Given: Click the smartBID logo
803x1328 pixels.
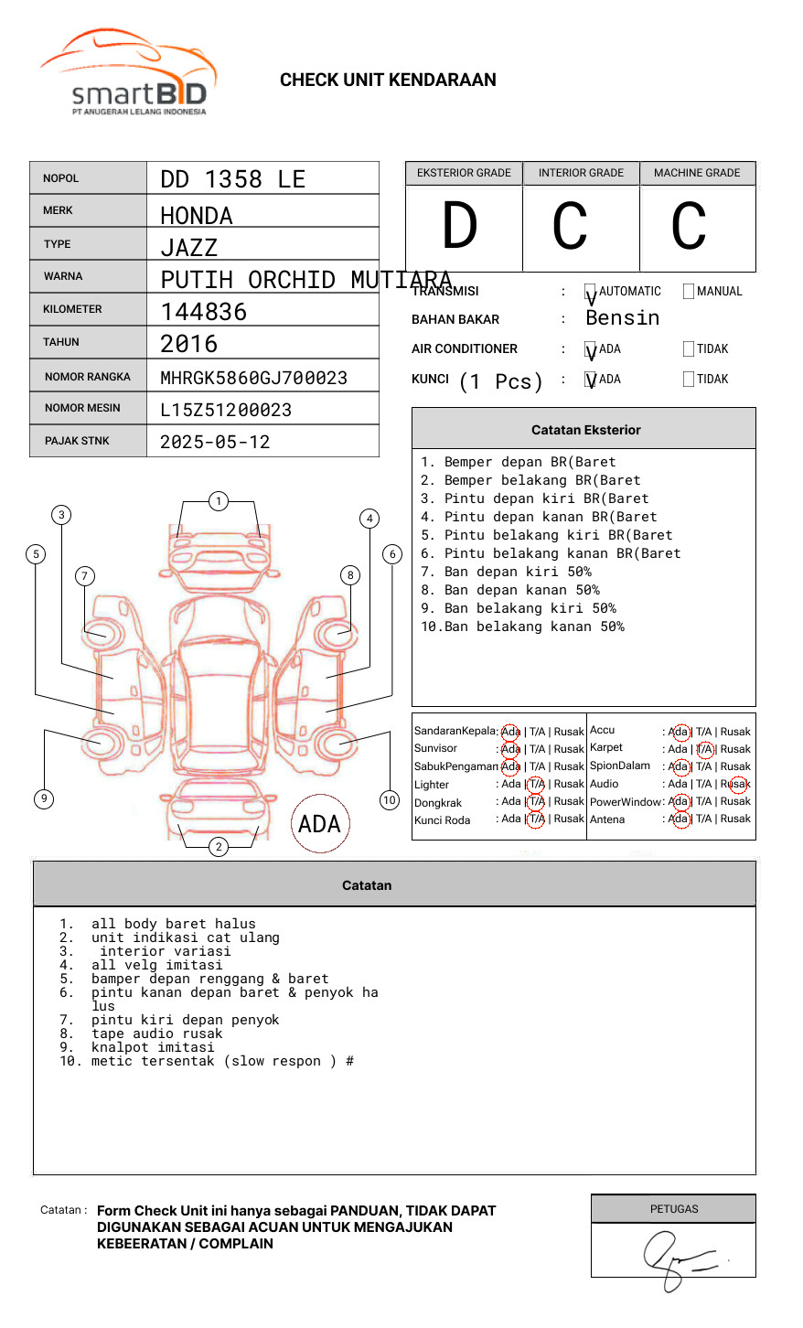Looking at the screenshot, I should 128,73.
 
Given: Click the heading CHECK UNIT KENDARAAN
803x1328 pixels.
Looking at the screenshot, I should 388,80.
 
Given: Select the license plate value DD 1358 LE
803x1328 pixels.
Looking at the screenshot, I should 232,179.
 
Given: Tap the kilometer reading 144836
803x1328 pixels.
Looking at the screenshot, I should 204,312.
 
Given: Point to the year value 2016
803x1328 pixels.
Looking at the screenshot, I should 189,344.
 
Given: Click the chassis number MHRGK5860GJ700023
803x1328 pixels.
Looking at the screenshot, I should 253,378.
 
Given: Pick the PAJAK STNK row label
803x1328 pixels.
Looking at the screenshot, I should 76,441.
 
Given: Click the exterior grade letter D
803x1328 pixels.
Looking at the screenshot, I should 460,226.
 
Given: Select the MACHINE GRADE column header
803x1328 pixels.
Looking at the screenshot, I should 697,173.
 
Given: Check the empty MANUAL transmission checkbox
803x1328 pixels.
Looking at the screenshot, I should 689,292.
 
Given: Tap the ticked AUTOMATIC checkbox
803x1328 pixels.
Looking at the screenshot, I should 591,293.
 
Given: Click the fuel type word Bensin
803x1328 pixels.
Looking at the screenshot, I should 622,318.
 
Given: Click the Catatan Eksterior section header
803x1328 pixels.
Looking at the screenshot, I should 585,430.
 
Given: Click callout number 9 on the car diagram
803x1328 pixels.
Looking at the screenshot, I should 44,798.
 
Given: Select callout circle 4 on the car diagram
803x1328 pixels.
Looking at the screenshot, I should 369,519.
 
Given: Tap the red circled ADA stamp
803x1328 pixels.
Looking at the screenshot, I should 319,824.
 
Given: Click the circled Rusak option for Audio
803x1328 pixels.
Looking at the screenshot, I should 737,784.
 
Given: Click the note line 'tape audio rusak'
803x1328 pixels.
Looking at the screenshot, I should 156,1033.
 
